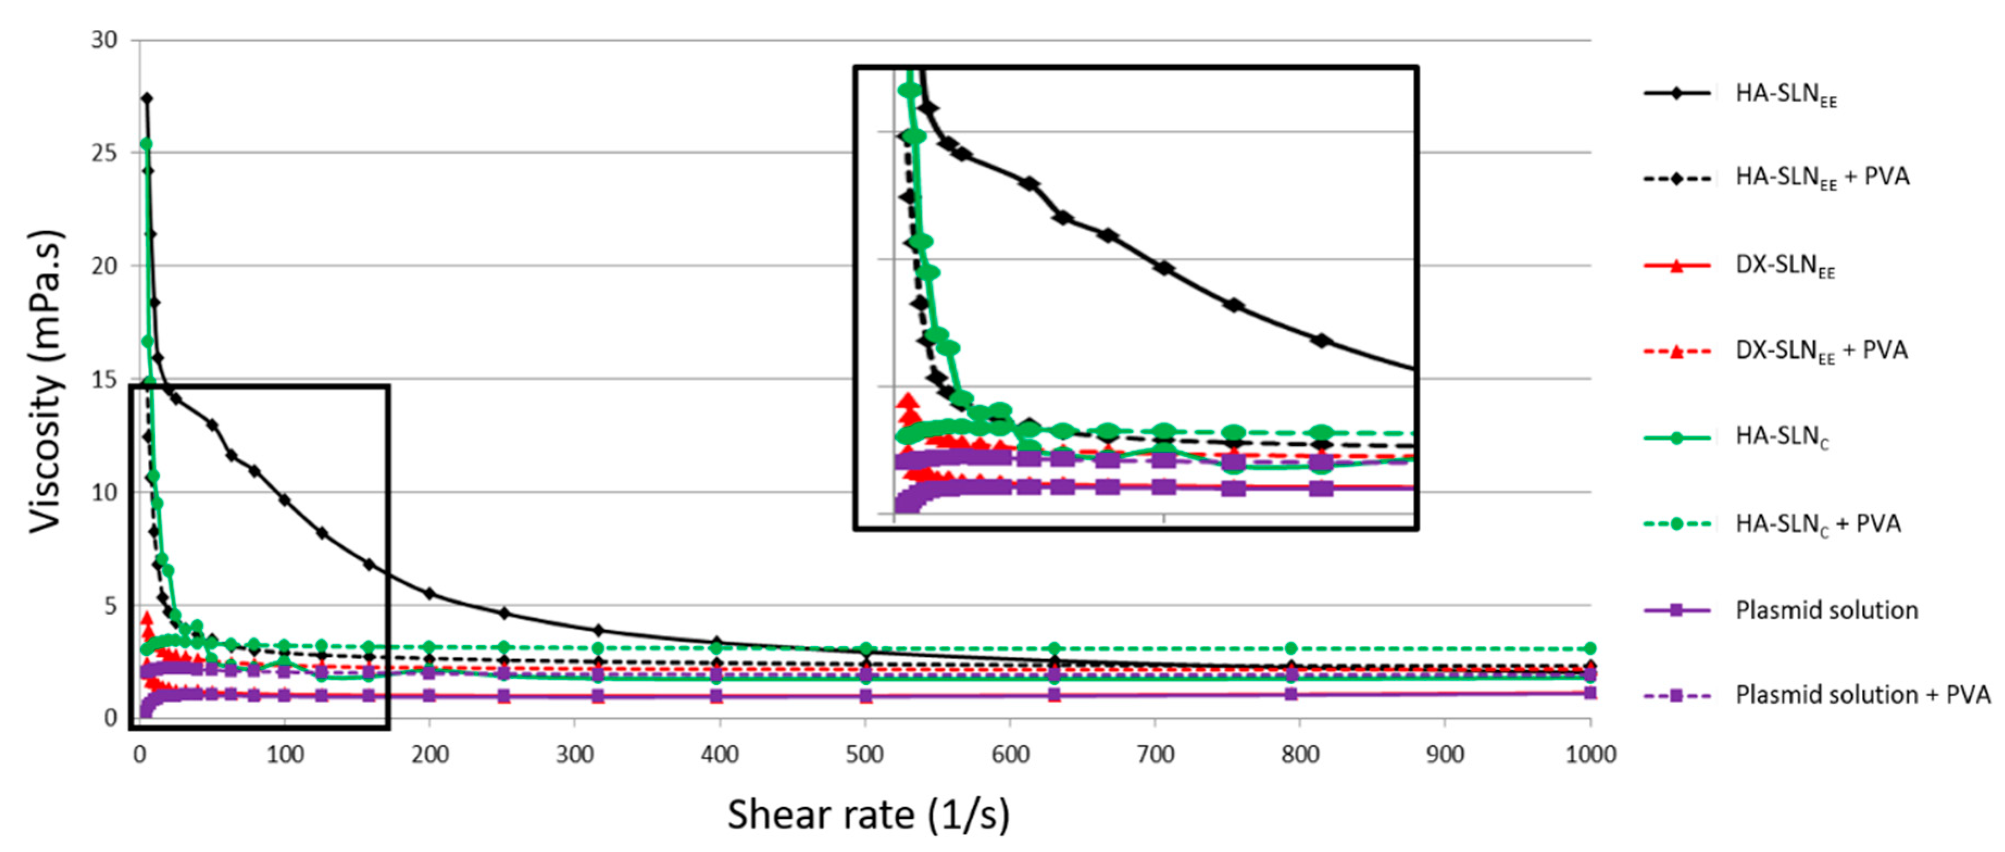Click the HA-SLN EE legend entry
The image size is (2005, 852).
(x=1785, y=94)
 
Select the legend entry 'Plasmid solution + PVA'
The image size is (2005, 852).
(x=1862, y=695)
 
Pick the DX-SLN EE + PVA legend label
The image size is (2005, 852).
(x=1821, y=351)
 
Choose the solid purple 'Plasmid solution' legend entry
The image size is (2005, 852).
(x=1826, y=610)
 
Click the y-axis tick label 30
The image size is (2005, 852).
(x=104, y=40)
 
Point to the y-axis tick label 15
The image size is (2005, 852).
(x=104, y=380)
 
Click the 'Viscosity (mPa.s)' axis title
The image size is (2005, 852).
(x=45, y=381)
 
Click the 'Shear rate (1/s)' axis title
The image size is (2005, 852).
(x=868, y=815)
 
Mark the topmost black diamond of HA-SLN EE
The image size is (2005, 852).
(x=146, y=98)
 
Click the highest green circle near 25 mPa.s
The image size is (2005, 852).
(x=146, y=144)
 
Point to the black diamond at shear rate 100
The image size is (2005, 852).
(x=285, y=500)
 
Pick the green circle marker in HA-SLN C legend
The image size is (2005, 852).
(x=1677, y=438)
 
